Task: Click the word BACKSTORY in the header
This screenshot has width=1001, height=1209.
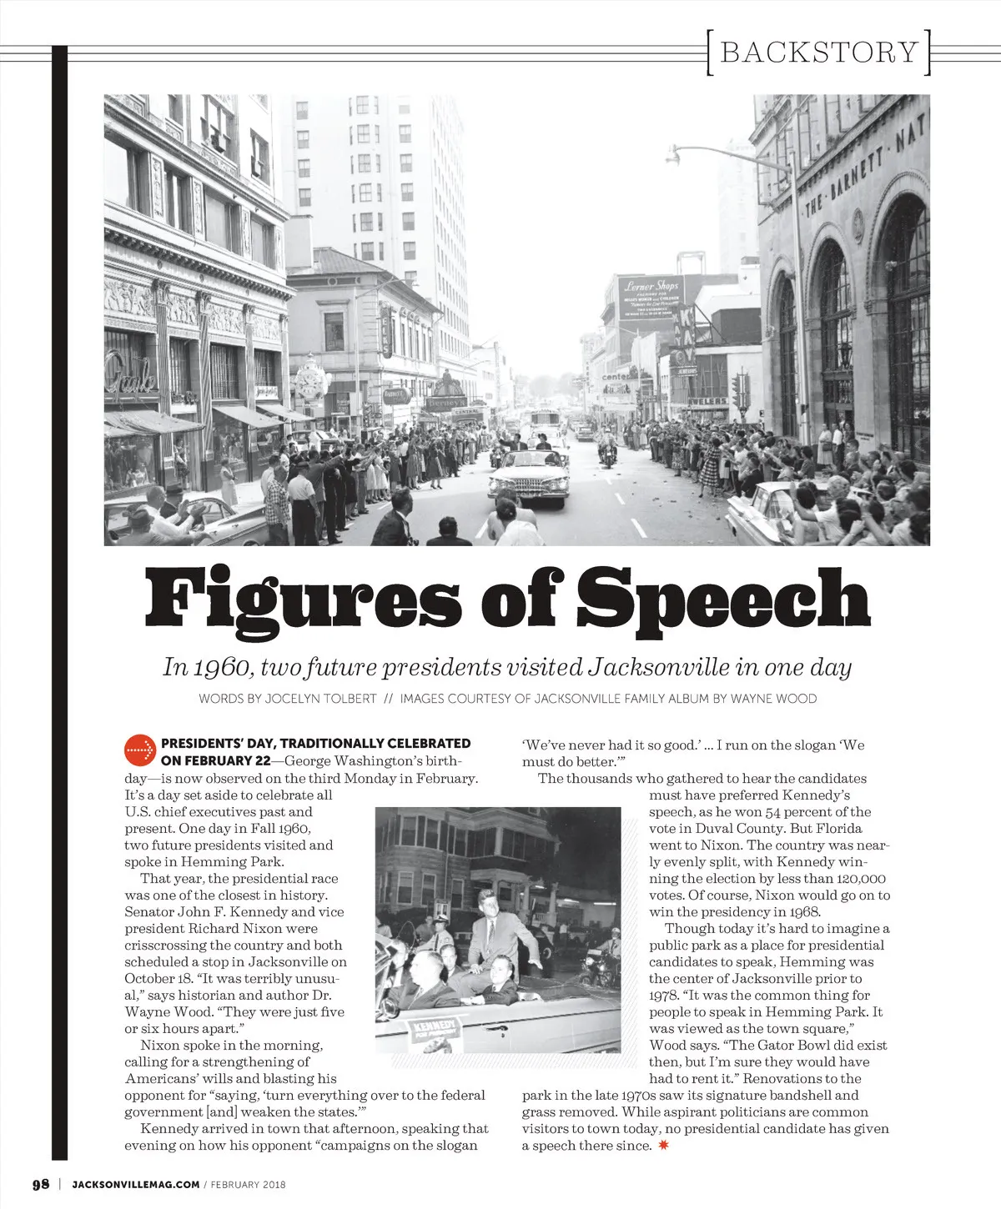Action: coord(818,52)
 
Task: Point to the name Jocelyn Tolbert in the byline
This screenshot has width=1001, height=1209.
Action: coord(320,699)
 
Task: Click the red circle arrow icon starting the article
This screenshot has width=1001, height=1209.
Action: coord(140,750)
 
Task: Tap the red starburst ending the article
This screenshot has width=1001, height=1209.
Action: coord(664,1145)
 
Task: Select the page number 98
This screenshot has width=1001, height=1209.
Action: coord(41,1184)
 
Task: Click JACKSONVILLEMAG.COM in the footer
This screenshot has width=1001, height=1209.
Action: coord(136,1184)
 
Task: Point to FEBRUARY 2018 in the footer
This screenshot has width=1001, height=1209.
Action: coord(248,1184)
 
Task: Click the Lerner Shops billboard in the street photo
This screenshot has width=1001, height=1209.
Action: coord(651,297)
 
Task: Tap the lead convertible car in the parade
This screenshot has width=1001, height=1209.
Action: coord(529,478)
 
